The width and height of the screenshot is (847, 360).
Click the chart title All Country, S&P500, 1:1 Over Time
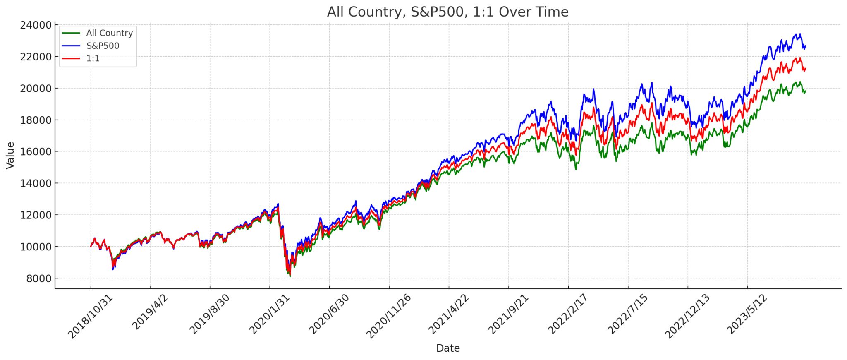tap(447, 12)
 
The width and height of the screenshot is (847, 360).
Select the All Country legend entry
tap(109, 33)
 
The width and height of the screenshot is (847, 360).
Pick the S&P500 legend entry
tap(103, 46)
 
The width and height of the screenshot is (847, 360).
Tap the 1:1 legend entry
tap(93, 58)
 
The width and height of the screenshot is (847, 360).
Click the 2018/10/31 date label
tap(90, 317)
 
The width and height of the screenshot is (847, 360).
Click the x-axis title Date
tap(447, 348)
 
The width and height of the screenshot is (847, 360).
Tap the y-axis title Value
tap(10, 155)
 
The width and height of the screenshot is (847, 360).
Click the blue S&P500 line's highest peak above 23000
tap(800, 34)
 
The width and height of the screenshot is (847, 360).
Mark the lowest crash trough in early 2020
tap(290, 276)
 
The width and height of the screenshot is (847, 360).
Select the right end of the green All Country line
tap(805, 91)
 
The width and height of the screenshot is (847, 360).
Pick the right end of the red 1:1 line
tap(805, 69)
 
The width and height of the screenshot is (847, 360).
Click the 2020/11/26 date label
tap(389, 317)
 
